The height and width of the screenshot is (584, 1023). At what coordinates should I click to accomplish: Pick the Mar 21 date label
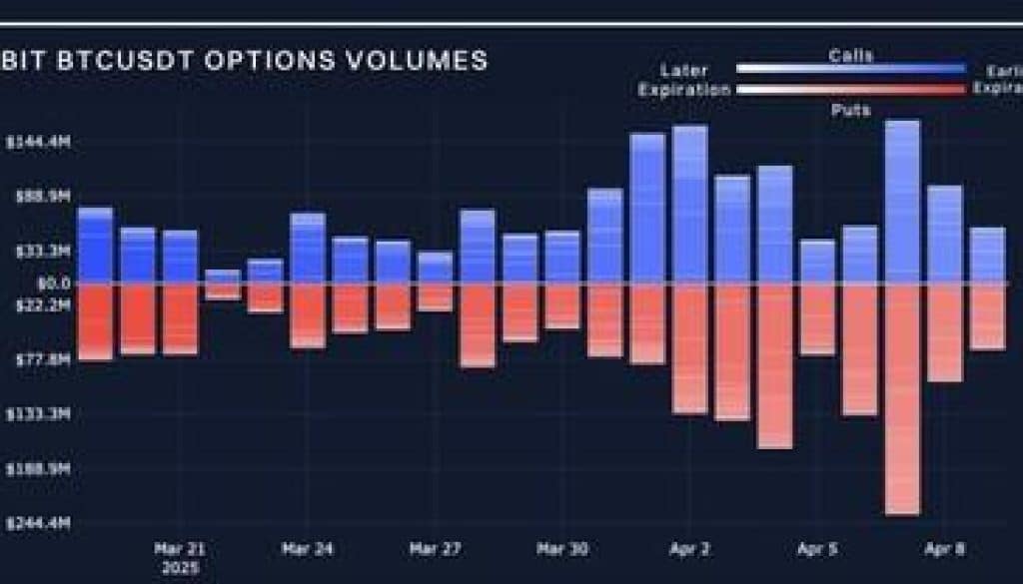180,549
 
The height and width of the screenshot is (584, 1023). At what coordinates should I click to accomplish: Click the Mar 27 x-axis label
435,549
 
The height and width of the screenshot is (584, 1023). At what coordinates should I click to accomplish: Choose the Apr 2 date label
690,549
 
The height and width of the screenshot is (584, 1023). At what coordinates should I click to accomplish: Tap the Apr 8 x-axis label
945,549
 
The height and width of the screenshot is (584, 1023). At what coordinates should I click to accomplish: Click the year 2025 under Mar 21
180,568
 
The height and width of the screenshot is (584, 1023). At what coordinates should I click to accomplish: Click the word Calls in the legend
850,56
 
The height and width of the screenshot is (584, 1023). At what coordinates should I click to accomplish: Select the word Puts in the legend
850,109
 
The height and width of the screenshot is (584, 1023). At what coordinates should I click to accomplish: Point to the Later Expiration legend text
685,80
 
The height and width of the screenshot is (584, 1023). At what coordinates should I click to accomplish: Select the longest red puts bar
902,399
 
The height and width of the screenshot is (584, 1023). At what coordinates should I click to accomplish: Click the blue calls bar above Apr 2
690,205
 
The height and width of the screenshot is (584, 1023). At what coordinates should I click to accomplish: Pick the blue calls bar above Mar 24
308,248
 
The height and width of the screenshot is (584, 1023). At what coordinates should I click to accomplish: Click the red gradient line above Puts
850,89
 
